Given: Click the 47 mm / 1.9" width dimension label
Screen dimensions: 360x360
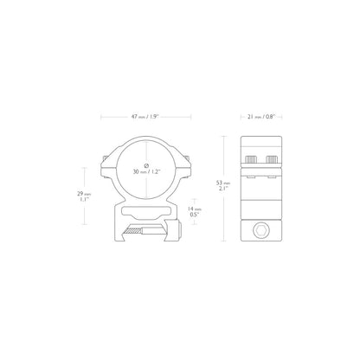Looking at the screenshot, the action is click(x=145, y=117).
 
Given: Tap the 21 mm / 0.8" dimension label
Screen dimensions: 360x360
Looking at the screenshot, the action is click(x=261, y=117).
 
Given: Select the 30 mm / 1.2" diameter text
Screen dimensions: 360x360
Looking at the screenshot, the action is click(x=146, y=171).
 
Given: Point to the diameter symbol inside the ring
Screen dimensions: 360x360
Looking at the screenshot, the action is click(x=146, y=165).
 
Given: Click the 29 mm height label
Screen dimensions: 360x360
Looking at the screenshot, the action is click(x=84, y=194).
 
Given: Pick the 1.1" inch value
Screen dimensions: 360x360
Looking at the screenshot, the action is click(x=84, y=199).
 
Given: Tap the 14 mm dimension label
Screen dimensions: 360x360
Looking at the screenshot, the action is click(x=195, y=209).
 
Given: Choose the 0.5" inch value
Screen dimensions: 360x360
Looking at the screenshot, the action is click(x=195, y=215).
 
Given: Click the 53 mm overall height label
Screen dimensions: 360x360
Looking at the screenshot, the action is click(x=223, y=183).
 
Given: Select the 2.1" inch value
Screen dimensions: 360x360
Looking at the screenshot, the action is click(x=223, y=188).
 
